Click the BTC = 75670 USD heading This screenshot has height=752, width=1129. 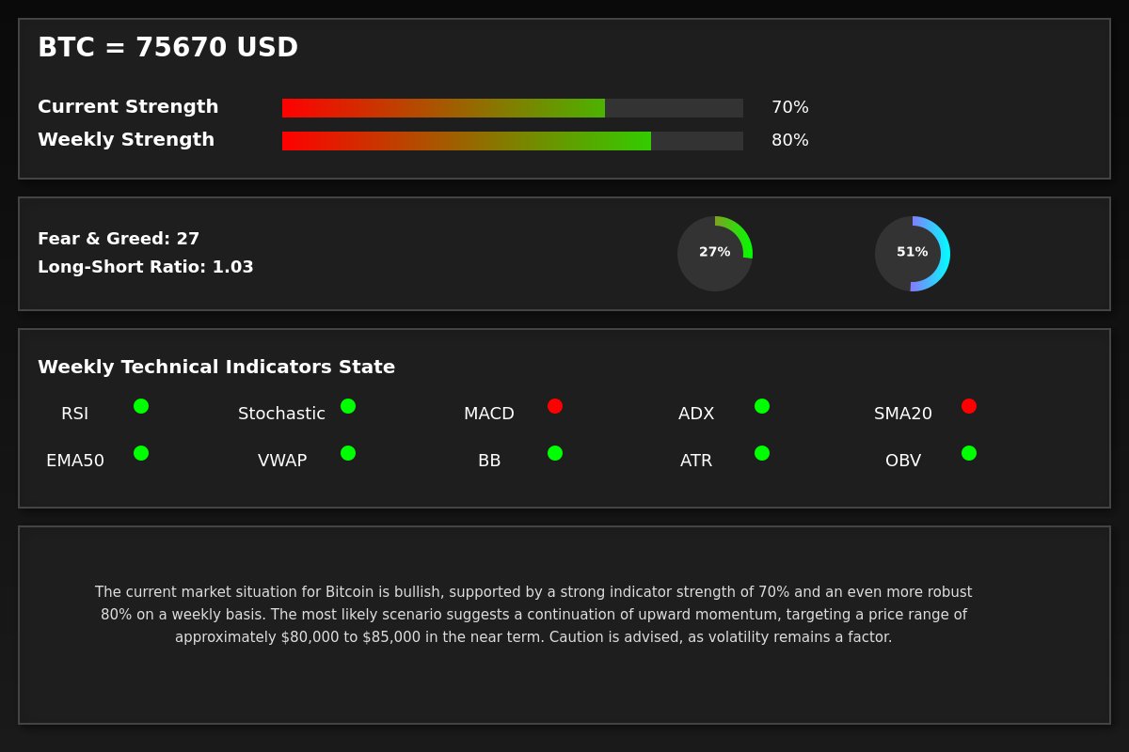pyautogui.click(x=167, y=48)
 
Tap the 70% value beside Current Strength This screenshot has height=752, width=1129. pyautogui.click(x=789, y=107)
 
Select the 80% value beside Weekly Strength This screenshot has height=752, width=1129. pyautogui.click(x=789, y=140)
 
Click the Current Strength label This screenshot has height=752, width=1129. pyautogui.click(x=128, y=107)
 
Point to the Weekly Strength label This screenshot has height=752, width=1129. pyautogui.click(x=126, y=140)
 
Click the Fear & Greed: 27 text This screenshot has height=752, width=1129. pyautogui.click(x=119, y=239)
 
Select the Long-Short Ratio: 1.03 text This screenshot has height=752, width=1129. pyautogui.click(x=146, y=267)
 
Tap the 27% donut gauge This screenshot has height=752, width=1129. pyautogui.click(x=715, y=254)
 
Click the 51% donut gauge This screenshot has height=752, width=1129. pyautogui.click(x=913, y=254)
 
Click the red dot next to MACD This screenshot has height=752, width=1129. pyautogui.click(x=555, y=406)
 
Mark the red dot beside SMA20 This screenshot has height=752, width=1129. pyautogui.click(x=969, y=406)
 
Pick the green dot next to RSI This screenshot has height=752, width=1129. pyautogui.click(x=141, y=406)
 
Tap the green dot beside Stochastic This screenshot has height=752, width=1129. pyautogui.click(x=348, y=406)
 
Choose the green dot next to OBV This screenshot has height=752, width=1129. pyautogui.click(x=969, y=453)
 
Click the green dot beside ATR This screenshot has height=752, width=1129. pyautogui.click(x=762, y=453)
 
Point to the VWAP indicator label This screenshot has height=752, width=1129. pyautogui.click(x=282, y=461)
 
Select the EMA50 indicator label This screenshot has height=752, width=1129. pyautogui.click(x=75, y=461)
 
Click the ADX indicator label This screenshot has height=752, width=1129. pyautogui.click(x=696, y=414)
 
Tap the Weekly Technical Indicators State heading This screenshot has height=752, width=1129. pyautogui.click(x=216, y=368)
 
